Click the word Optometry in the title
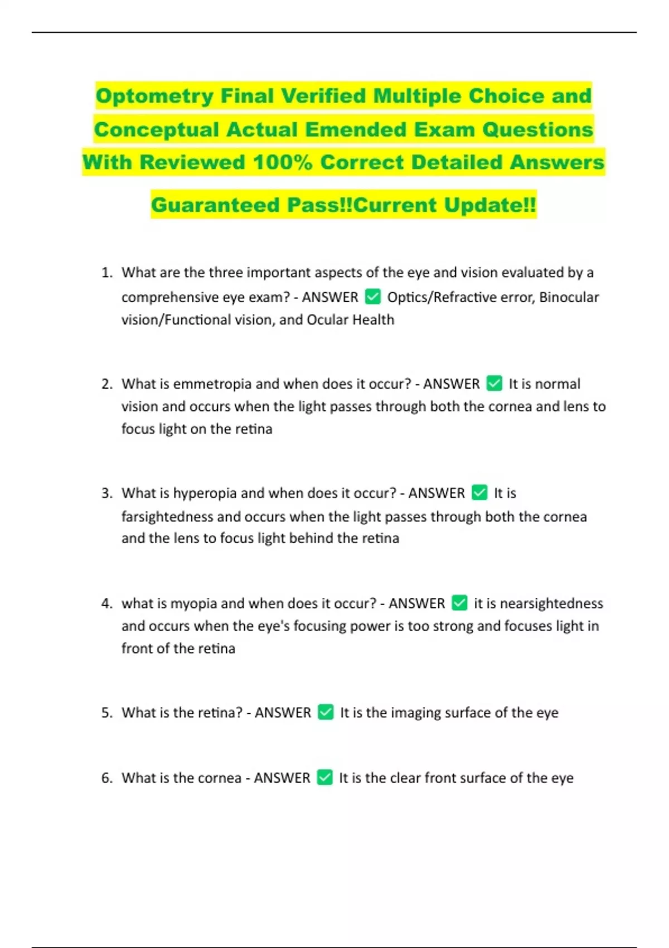(155, 96)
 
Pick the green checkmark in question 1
(372, 297)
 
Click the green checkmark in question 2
(494, 384)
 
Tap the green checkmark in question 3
(479, 493)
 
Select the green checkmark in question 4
(459, 603)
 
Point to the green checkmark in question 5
(326, 712)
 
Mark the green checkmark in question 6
(324, 777)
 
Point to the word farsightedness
(167, 516)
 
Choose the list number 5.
(106, 713)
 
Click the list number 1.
(106, 273)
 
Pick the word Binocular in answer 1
(569, 297)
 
